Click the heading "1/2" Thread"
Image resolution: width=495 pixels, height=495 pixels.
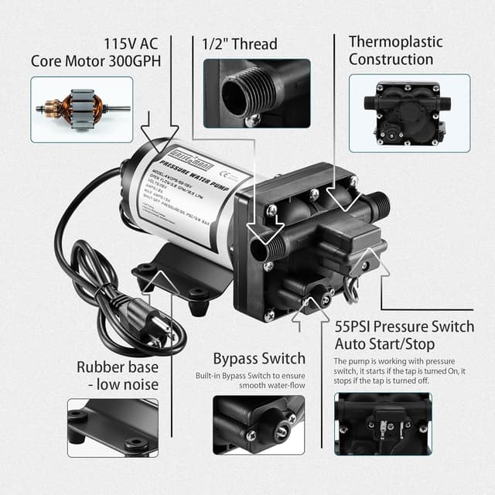point(240,44)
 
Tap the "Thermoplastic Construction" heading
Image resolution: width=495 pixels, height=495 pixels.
point(395,50)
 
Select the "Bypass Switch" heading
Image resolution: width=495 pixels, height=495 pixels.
point(259,359)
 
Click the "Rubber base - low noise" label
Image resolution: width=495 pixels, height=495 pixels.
point(118,376)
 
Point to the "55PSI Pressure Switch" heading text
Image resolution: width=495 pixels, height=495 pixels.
point(404,327)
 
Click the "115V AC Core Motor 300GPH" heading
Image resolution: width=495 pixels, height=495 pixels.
point(95,51)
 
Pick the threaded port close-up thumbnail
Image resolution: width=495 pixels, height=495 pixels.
point(257,93)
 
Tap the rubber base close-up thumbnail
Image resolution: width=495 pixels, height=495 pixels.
point(113,428)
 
